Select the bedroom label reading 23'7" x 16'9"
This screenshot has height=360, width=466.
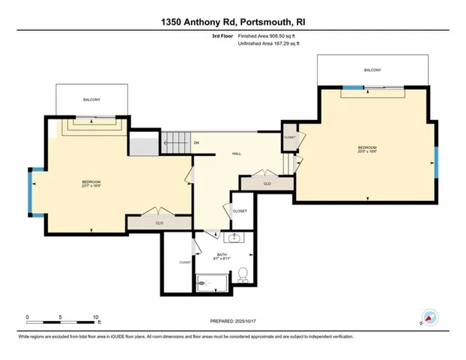point(91,184)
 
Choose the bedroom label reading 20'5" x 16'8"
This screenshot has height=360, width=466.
point(366,148)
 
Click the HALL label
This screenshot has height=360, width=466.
point(235,153)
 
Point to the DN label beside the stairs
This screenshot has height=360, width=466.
point(196,142)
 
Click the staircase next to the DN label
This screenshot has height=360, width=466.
point(175,140)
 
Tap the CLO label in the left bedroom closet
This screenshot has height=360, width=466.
point(159,223)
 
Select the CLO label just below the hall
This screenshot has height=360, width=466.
point(267,183)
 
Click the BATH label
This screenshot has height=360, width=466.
point(222,256)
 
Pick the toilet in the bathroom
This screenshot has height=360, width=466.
point(243,277)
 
